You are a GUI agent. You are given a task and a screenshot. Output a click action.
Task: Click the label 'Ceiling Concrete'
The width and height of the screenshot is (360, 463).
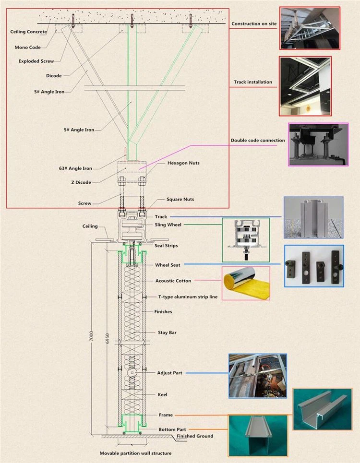click(x=29, y=32)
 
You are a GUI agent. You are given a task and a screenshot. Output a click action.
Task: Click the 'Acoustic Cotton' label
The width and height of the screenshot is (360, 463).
click(x=173, y=281)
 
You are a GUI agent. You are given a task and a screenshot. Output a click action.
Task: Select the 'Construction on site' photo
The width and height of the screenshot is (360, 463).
click(x=310, y=28)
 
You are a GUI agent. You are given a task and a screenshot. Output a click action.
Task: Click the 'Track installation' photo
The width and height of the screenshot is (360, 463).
click(x=305, y=85)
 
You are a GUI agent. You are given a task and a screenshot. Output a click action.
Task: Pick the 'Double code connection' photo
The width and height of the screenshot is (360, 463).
click(x=318, y=144)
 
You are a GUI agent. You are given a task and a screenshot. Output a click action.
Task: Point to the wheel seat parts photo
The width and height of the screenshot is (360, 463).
click(x=313, y=266)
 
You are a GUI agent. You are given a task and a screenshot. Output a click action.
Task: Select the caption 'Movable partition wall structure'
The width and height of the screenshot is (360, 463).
click(x=135, y=453)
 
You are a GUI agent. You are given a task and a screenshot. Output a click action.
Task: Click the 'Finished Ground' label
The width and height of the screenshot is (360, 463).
click(x=194, y=436)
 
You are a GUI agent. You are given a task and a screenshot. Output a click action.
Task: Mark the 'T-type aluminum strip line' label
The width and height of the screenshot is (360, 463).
click(x=188, y=297)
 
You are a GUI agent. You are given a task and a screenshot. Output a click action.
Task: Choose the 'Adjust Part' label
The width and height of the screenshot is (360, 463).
click(x=170, y=373)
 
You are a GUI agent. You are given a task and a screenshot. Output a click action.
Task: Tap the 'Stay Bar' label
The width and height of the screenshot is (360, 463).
click(x=167, y=332)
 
